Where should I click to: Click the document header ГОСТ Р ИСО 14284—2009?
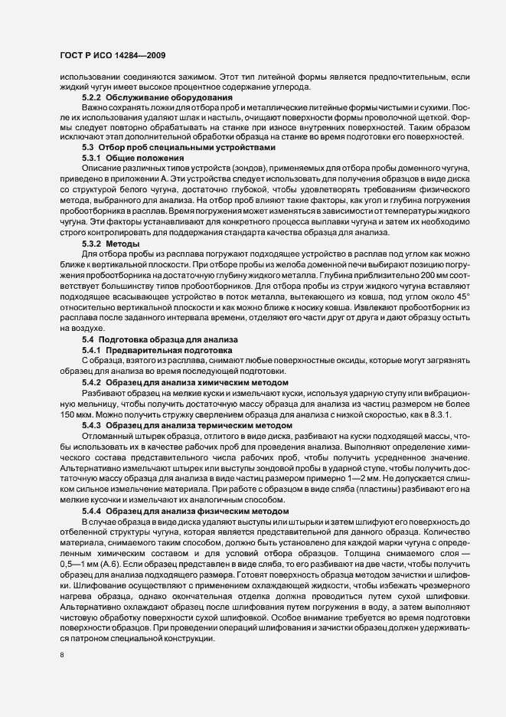click(109, 55)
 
